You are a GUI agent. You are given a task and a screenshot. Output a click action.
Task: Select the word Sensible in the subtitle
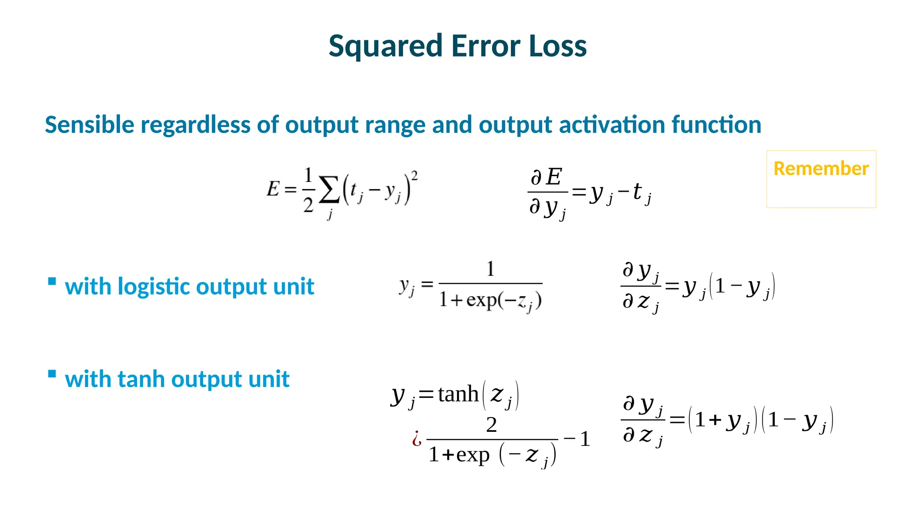coord(89,125)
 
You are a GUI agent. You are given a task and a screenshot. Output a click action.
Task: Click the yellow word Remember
coord(821,169)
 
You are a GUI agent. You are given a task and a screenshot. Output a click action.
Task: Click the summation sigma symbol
coord(329,192)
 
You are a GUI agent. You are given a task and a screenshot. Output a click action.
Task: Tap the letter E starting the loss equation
coord(273,189)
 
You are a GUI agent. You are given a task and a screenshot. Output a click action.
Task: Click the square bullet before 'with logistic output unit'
coord(52,281)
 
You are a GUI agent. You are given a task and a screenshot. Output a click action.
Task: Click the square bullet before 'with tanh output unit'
coord(52,374)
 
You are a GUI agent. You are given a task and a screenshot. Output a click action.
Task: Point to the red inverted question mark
coord(417,439)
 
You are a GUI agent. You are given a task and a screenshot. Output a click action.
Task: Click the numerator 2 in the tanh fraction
coord(491,425)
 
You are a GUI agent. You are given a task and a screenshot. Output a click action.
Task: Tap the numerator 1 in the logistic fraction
coord(490,269)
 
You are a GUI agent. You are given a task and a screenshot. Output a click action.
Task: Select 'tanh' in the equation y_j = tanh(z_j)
coord(458,394)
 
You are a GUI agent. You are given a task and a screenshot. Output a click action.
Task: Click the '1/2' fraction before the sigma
coord(308,190)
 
